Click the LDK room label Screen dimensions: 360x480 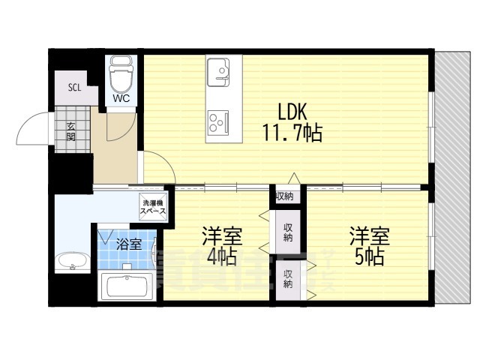point(292,112)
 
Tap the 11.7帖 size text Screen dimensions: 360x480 point(292,134)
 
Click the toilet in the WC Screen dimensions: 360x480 point(120,75)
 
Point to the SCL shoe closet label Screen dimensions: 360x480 point(74,87)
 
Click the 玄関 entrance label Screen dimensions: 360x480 point(70,131)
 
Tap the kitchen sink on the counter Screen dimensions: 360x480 point(222,72)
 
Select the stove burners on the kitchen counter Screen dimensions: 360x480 point(222,120)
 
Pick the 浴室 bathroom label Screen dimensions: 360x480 point(129,244)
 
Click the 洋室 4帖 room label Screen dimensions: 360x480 point(219,246)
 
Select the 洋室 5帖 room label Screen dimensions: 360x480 point(367,246)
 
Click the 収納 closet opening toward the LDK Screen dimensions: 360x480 point(283,196)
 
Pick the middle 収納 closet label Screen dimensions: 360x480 point(288,232)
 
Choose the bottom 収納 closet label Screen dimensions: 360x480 point(288,279)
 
